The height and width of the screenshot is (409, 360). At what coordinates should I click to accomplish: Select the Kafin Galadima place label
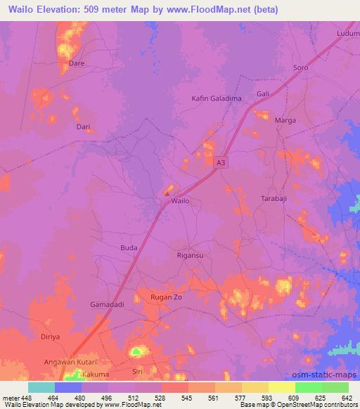click(217, 98)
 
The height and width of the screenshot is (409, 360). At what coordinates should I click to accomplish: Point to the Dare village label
click(76, 63)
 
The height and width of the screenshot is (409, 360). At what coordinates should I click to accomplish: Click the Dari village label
click(83, 127)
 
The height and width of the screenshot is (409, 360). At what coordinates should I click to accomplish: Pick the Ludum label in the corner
click(348, 33)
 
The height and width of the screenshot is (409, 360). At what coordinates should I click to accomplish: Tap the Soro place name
click(300, 68)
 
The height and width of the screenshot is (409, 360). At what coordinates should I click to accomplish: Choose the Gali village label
click(264, 93)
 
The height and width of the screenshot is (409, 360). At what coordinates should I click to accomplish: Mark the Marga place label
click(285, 120)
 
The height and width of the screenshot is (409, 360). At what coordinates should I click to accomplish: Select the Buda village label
click(129, 248)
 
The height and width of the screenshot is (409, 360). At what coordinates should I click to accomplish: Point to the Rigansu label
click(190, 256)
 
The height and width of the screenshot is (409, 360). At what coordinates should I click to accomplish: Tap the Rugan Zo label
click(167, 297)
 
